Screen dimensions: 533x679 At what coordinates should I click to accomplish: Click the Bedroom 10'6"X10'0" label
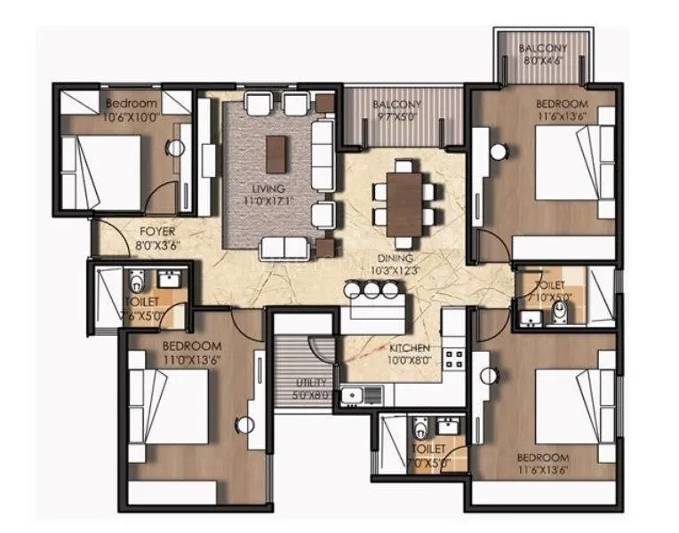click(x=131, y=110)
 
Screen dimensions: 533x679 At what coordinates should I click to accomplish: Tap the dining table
click(x=404, y=201)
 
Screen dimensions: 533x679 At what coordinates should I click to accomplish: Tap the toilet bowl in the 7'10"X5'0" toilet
click(x=559, y=311)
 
